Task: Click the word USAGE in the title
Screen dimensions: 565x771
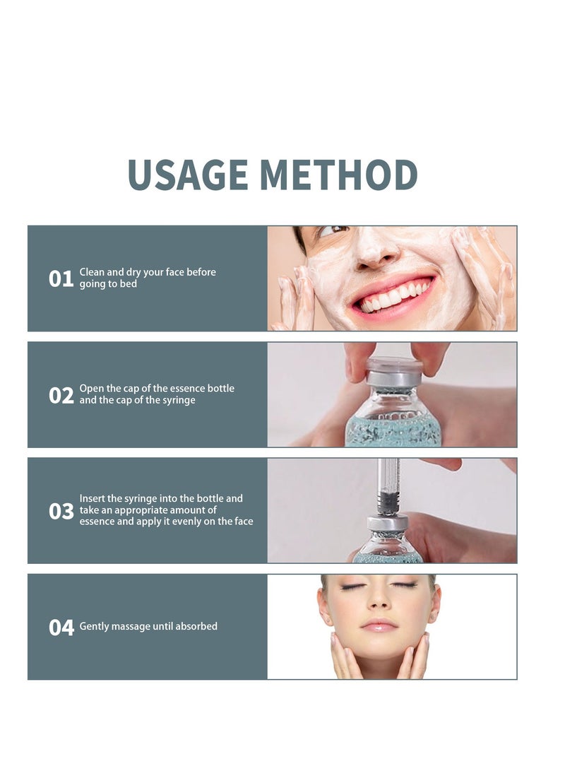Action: coord(187,175)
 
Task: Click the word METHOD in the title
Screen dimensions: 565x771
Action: coord(338,175)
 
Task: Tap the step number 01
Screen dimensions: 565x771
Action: coord(61,279)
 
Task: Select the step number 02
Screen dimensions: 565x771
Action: coord(61,395)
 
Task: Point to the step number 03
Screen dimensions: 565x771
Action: coord(61,512)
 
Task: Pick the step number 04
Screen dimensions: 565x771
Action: coord(61,628)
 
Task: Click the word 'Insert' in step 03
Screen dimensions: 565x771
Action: coord(93,498)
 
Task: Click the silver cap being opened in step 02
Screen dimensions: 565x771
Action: coord(395,372)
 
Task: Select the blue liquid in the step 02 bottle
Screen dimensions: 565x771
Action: coord(393,431)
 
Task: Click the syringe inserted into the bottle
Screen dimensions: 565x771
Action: coord(388,487)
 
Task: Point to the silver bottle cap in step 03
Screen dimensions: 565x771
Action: coord(388,523)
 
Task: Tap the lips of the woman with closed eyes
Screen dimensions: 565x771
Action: coord(379,625)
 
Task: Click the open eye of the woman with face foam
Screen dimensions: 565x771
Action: coord(334,230)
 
